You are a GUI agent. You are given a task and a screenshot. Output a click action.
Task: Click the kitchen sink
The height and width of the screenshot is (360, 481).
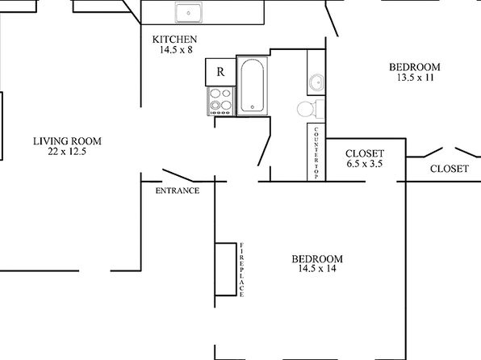pyautogui.click(x=189, y=13)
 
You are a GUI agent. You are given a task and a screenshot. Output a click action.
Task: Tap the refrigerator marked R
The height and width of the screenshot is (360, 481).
pyautogui.click(x=220, y=72)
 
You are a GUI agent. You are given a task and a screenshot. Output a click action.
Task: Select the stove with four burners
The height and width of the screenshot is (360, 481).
pyautogui.click(x=221, y=101)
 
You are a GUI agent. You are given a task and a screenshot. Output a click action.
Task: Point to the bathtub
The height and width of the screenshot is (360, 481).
pyautogui.click(x=252, y=86)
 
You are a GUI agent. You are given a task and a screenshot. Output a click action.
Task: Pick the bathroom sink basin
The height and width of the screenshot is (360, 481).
pyautogui.click(x=316, y=82)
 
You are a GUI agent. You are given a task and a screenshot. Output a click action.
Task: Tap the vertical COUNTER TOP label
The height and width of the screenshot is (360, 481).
pyautogui.click(x=316, y=153)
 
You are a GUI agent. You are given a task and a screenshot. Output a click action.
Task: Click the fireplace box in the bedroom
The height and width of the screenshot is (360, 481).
pyautogui.click(x=225, y=269)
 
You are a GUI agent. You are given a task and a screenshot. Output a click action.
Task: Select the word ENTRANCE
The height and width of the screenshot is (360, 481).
pyautogui.click(x=178, y=190)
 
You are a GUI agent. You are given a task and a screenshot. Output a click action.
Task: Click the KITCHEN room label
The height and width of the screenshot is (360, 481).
pyautogui.click(x=174, y=40)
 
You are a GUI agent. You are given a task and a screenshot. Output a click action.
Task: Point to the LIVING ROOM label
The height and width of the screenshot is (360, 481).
pyautogui.click(x=67, y=141)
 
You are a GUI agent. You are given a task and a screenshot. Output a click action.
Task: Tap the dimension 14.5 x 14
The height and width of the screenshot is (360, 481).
pyautogui.click(x=317, y=269)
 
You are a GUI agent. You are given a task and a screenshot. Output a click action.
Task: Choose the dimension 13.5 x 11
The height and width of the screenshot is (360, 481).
pyautogui.click(x=416, y=77)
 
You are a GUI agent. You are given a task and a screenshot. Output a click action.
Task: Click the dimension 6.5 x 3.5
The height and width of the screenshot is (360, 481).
pyautogui.click(x=365, y=164)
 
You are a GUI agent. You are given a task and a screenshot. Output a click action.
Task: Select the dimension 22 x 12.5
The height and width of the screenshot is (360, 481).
pyautogui.click(x=67, y=151)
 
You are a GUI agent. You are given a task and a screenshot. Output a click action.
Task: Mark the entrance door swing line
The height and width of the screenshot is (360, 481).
pyautogui.click(x=178, y=175)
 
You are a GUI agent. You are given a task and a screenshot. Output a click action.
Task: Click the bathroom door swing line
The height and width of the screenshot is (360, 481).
pyautogui.click(x=264, y=150)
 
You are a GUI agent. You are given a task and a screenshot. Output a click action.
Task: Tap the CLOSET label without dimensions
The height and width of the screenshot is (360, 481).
pyautogui.click(x=450, y=169)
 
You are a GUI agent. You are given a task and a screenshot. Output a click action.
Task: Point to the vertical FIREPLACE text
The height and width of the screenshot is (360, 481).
pyautogui.click(x=242, y=270)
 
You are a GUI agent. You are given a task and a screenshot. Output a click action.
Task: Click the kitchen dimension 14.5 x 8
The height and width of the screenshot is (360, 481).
pyautogui.click(x=176, y=50)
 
